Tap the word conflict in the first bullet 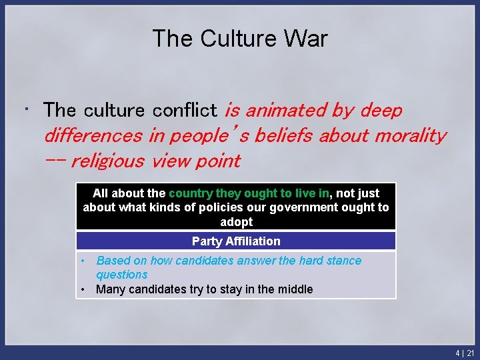click(185, 110)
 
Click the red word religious click(107, 161)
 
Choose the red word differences click(93, 135)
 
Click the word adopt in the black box click(236, 221)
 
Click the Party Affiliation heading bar click(236, 241)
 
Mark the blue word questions click(121, 275)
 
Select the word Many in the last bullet click(109, 289)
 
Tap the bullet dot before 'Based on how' click(83, 261)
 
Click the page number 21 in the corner click(470, 353)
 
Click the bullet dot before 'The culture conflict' click(25, 107)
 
